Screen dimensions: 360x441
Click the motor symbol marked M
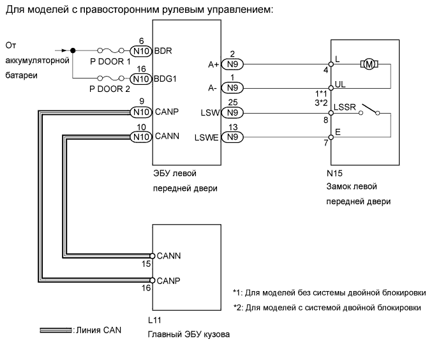pyautogui.click(x=370, y=64)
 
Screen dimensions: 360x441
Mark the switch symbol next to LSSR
pyautogui.click(x=368, y=109)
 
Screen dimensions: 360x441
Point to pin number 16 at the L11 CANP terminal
pyautogui.click(x=146, y=289)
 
